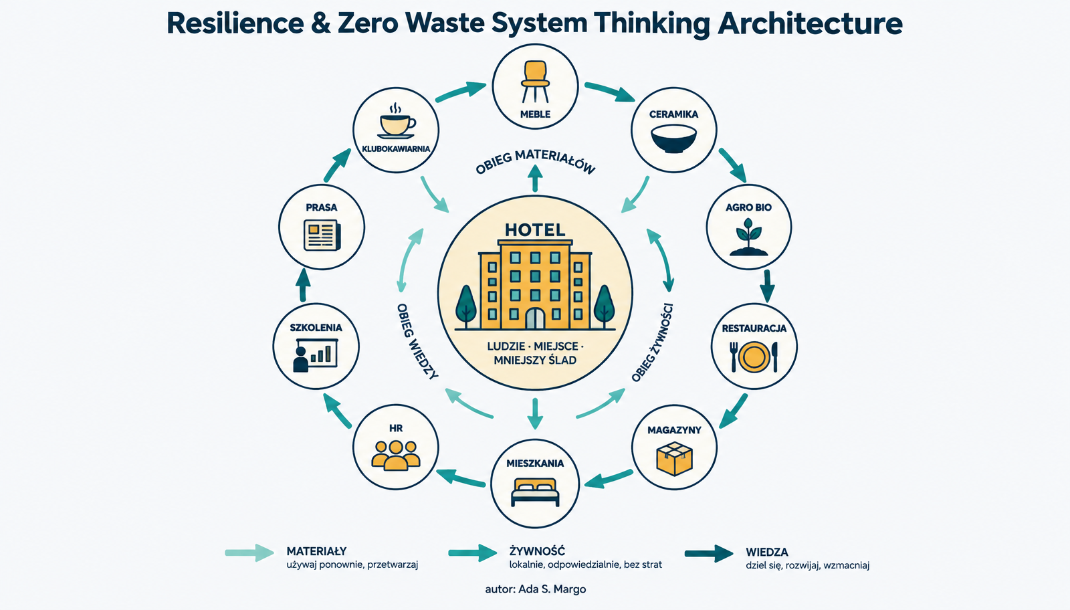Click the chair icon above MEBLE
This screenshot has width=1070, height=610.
click(x=535, y=81)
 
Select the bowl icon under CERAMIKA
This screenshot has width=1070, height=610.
click(x=673, y=139)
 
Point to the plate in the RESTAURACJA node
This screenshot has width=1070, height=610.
click(x=754, y=357)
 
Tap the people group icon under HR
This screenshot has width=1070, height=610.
click(x=396, y=455)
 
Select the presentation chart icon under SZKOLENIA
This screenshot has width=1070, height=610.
click(x=315, y=355)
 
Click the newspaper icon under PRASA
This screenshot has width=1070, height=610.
click(x=322, y=235)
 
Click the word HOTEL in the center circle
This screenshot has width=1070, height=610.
click(x=535, y=230)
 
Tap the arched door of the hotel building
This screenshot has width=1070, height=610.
click(x=535, y=318)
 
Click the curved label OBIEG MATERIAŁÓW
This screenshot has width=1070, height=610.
click(x=536, y=161)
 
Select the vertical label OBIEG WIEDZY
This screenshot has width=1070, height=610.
click(x=417, y=341)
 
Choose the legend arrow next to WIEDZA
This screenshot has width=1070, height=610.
click(x=709, y=554)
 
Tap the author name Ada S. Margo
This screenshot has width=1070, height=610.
click(x=552, y=589)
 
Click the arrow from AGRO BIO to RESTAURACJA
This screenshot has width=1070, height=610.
click(x=767, y=286)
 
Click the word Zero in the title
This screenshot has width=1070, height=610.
click(x=368, y=23)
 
